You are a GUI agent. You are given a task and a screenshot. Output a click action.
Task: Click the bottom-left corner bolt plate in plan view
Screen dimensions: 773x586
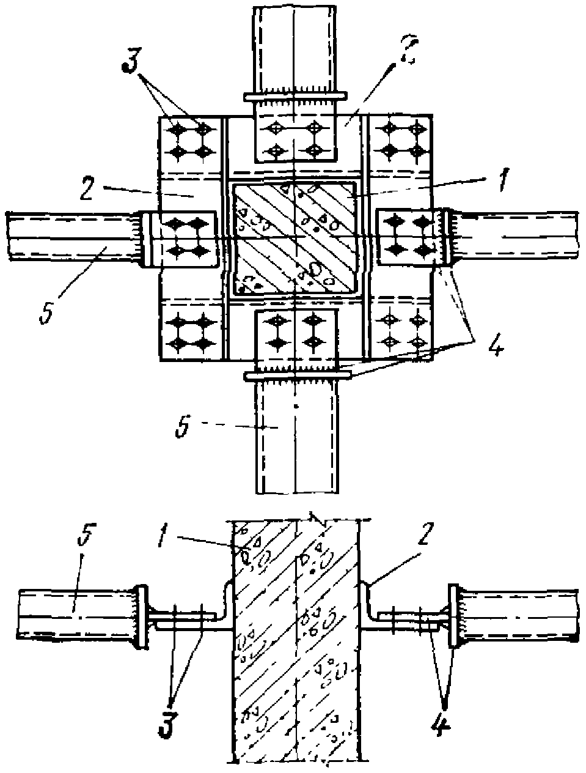click(x=189, y=330)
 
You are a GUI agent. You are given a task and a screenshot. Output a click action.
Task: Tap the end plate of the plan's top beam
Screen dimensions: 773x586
click(x=295, y=97)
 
